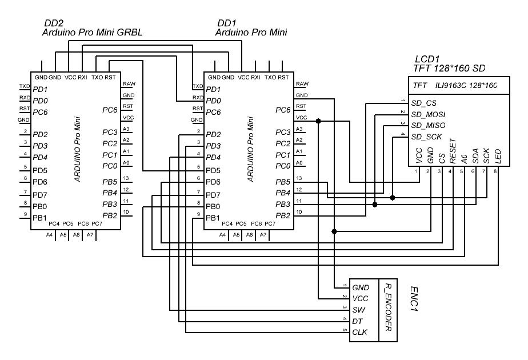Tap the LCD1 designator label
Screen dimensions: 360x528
426,59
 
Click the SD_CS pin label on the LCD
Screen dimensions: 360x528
424,103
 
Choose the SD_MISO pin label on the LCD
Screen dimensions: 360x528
428,125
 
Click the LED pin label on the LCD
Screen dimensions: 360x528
498,156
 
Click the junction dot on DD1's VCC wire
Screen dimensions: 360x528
318,121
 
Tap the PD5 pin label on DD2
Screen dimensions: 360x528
39,170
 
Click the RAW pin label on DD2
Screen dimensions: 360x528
128,83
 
